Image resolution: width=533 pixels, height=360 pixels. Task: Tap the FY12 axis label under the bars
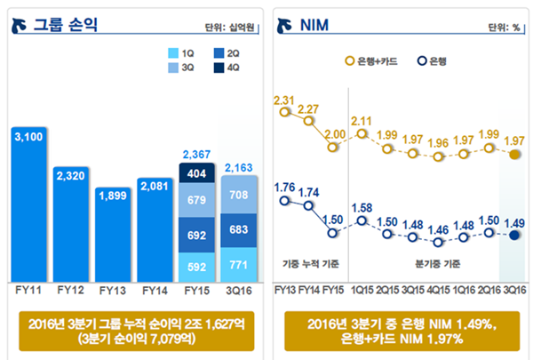pos(70,291)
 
